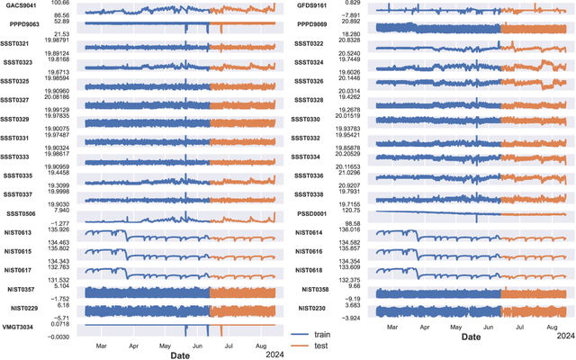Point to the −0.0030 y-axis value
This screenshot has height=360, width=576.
point(58,337)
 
